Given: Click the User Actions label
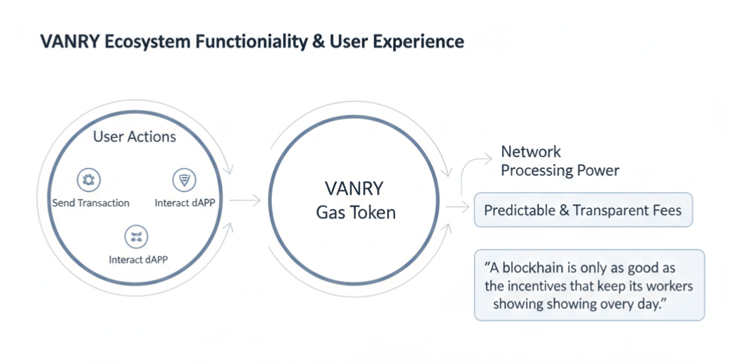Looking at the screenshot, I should coord(135,136).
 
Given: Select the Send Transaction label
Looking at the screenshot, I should coord(91,203).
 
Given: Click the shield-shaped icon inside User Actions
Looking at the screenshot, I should coord(184,180).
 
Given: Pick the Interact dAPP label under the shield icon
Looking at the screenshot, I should coord(185,203).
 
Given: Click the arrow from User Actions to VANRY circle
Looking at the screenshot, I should coord(246,202).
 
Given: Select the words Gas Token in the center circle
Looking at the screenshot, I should coord(355,212).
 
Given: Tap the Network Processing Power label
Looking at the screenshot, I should coord(560,161).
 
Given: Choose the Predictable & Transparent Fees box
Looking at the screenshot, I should coord(582,210).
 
